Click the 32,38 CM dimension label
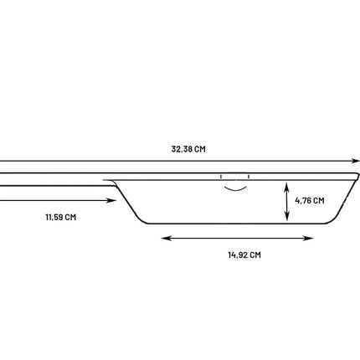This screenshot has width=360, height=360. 188,149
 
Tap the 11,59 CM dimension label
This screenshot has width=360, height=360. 61,217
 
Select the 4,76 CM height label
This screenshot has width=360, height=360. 310,201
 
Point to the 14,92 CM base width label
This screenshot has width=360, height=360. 244,255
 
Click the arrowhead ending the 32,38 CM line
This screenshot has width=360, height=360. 356,161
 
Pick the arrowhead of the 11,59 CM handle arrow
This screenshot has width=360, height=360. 111,200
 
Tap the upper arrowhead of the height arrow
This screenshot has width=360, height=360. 286,186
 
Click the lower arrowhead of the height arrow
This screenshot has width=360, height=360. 286,217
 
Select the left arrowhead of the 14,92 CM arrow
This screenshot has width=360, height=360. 166,238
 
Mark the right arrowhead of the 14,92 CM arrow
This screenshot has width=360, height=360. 309,238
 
